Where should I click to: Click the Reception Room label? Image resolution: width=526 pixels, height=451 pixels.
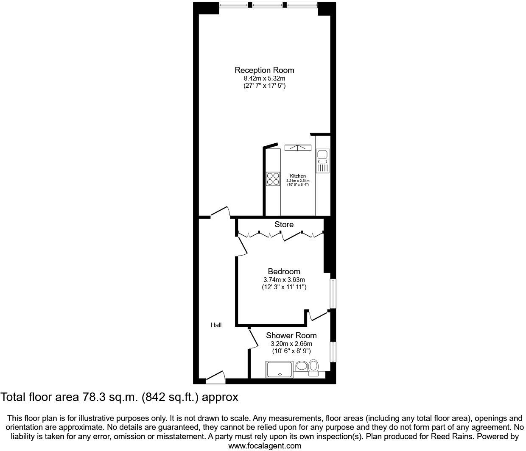(x=264, y=70)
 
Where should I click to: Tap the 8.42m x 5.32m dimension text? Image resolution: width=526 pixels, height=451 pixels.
(x=264, y=78)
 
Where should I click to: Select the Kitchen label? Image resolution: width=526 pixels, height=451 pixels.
(x=298, y=176)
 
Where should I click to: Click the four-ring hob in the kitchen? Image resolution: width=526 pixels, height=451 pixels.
(x=273, y=178)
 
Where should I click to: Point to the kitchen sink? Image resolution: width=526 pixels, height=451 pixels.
(x=322, y=155)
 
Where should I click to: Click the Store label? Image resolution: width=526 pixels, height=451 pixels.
(x=284, y=224)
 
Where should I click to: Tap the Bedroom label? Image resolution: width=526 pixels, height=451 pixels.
(x=284, y=271)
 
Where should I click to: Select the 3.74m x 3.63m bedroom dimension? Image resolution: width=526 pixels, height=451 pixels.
(x=284, y=280)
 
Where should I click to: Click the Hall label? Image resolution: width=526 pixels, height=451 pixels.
(x=216, y=325)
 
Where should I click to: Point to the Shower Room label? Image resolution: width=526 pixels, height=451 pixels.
(x=291, y=335)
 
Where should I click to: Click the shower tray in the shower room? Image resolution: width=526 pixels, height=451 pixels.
(x=279, y=369)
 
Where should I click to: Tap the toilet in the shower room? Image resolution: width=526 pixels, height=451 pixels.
(x=313, y=367)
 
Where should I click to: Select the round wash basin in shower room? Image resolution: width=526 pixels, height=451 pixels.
(x=302, y=366)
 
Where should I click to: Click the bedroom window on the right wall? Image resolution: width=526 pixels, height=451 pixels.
(x=333, y=293)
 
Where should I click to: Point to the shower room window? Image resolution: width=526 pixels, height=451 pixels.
(x=333, y=352)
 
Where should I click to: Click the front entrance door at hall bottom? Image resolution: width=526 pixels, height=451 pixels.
(x=215, y=377)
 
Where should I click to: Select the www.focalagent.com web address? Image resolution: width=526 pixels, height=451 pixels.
(x=265, y=445)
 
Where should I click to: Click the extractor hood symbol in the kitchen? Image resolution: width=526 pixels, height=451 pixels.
(x=298, y=148)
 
